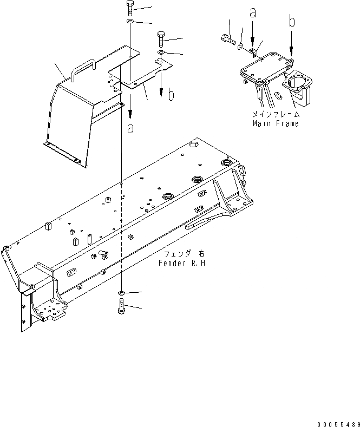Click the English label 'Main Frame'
pos(275,123)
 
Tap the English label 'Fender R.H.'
pos(183,263)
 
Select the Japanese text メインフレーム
pos(275,115)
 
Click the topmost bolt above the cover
pos(130,8)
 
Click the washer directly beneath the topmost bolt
pos(130,22)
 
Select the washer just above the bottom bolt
pos(121,293)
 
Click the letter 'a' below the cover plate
pos(130,129)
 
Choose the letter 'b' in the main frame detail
pos(292,22)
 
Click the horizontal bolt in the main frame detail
pos(227,39)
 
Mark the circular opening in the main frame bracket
pos(296,83)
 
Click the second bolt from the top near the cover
pos(161,38)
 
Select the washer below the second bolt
pos(161,52)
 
